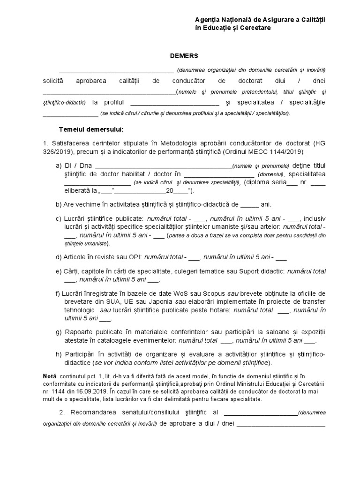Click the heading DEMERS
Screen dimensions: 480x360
click(x=180, y=56)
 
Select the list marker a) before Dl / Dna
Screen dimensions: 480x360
click(x=59, y=166)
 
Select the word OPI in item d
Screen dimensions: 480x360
click(x=135, y=257)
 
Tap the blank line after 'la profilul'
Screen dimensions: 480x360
click(x=174, y=103)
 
